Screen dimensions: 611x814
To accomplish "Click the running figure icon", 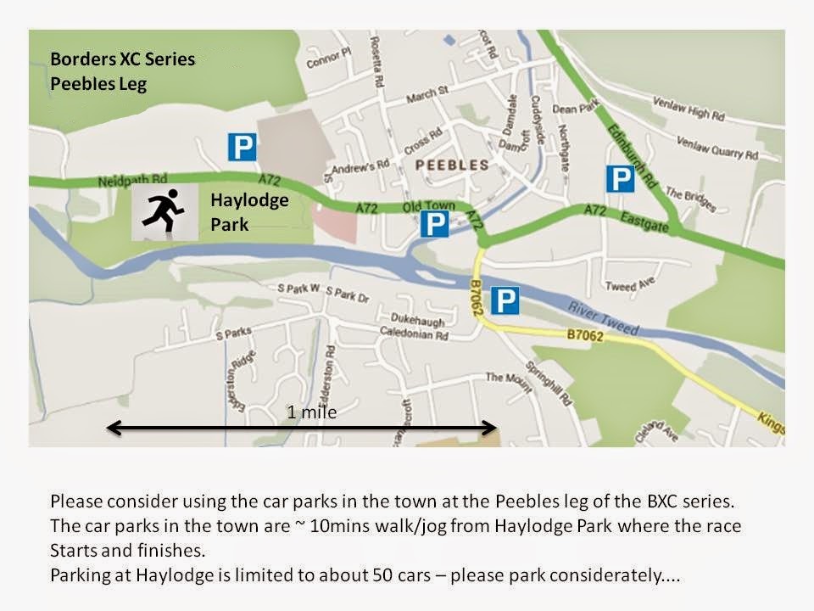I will point(164,212).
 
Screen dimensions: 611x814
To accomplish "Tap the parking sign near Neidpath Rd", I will point(242,147).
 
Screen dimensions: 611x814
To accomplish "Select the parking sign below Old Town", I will point(434,224).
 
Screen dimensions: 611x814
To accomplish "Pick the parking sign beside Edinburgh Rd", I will point(620,179).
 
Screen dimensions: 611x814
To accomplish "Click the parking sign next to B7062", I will point(505,300).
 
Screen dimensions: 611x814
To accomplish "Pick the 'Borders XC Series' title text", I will point(122,60).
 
